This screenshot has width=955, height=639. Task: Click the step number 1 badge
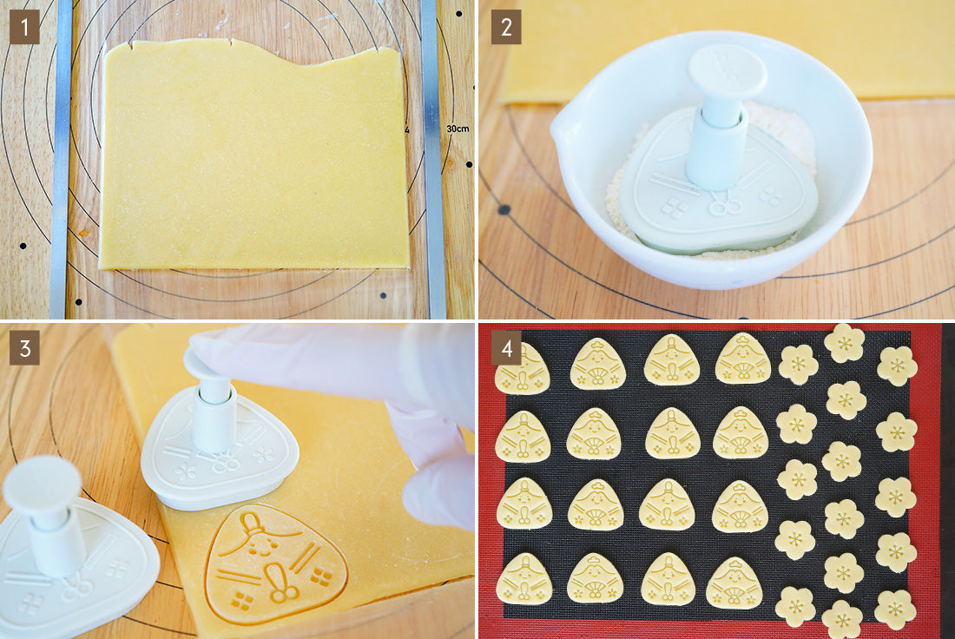point(24,27)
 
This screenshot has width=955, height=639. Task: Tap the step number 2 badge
point(506,27)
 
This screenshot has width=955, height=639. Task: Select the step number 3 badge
point(24,348)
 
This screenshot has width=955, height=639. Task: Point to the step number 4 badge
point(506,348)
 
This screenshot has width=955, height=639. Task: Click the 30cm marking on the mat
point(458,128)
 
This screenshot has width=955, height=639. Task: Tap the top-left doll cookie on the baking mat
point(522,368)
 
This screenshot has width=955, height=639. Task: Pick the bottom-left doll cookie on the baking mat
point(524,579)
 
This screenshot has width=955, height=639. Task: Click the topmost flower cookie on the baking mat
point(844,343)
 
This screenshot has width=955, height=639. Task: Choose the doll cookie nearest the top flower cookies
point(742,359)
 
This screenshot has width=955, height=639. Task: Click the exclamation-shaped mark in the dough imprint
point(277,581)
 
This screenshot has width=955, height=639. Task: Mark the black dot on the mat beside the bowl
point(504,210)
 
